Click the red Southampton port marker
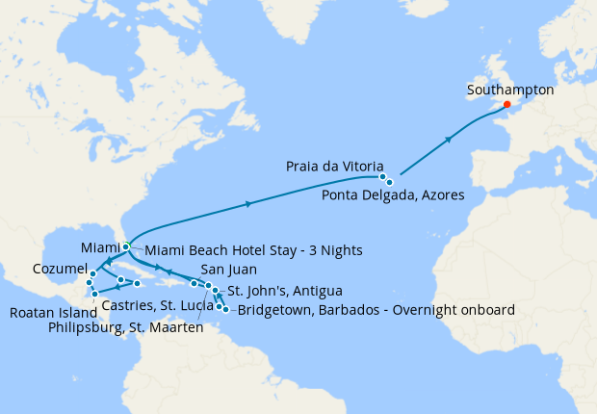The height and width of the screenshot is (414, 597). tap(507, 105)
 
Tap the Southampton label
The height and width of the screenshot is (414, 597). tap(509, 89)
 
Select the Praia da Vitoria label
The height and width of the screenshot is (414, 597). tap(335, 166)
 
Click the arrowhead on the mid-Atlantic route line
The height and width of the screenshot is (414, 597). tap(250, 203)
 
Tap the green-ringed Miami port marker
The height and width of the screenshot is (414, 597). tap(126, 246)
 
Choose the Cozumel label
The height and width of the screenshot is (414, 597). tap(58, 268)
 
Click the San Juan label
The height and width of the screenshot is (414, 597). tap(228, 271)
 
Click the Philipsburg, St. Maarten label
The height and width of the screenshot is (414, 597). tap(124, 328)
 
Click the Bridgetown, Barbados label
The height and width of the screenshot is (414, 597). tap(376, 310)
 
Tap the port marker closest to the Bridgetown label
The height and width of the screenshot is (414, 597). tap(225, 309)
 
